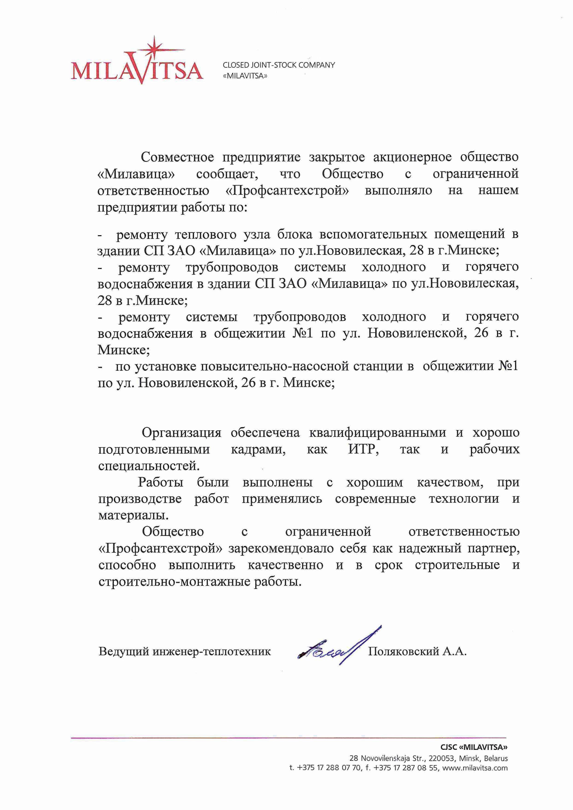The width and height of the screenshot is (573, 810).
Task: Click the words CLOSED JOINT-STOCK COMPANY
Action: point(279,65)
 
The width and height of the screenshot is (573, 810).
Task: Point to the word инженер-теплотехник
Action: point(212,651)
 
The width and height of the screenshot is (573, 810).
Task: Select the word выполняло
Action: point(398,191)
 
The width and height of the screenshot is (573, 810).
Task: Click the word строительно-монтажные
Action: point(175,581)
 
